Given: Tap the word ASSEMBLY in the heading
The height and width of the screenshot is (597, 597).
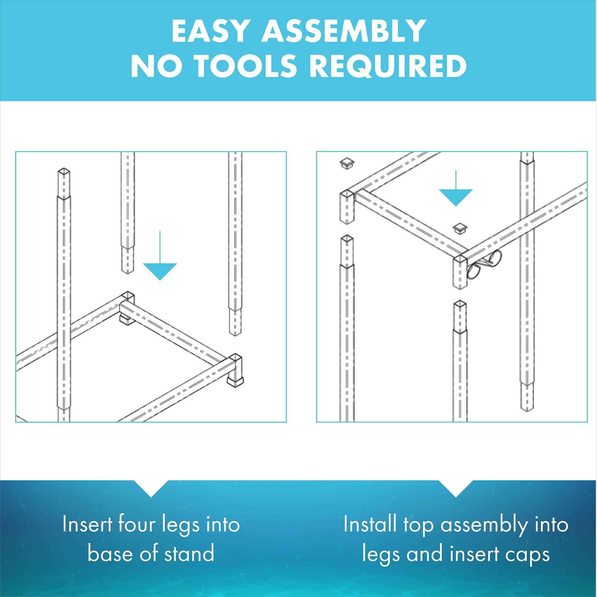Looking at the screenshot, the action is [x=343, y=31].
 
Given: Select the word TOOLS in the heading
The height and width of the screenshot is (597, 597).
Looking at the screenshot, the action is [x=246, y=66].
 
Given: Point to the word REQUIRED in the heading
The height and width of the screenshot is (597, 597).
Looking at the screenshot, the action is [x=388, y=66].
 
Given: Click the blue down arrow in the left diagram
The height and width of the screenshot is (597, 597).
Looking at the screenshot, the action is [x=160, y=259].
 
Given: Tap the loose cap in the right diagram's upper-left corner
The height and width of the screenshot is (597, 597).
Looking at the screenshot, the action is [x=347, y=163].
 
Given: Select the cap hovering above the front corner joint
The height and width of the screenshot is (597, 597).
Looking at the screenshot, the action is [x=460, y=228].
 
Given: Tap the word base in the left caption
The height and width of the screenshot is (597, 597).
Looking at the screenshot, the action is [x=109, y=554].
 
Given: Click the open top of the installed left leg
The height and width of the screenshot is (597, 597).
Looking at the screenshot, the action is [x=64, y=172].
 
